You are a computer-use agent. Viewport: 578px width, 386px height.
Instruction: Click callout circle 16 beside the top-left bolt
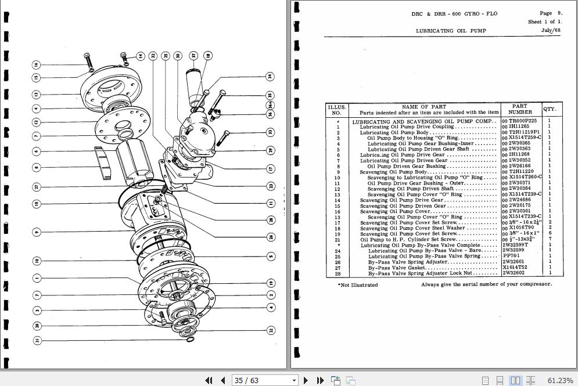click(35, 64)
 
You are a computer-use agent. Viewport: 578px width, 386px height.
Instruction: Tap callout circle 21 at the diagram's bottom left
click(37, 341)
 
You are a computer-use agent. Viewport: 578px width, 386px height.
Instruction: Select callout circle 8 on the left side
click(36, 168)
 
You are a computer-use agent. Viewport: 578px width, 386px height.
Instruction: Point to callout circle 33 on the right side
click(270, 132)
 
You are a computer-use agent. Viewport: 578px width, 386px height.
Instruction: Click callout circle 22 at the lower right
click(270, 330)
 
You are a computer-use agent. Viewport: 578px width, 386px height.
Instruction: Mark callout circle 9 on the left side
click(36, 232)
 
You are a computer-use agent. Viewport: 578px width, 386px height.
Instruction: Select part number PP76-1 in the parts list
click(512, 256)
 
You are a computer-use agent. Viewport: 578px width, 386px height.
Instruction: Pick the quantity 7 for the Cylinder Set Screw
click(550, 239)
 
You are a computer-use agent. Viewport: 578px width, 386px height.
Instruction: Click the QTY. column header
click(550, 109)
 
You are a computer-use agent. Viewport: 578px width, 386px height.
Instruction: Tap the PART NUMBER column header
click(520, 109)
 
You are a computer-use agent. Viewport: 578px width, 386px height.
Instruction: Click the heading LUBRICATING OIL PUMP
click(451, 30)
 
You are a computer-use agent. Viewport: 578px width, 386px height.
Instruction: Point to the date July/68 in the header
click(551, 30)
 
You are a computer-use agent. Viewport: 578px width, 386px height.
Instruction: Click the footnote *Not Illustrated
click(358, 285)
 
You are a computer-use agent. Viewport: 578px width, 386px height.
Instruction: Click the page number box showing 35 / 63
click(265, 380)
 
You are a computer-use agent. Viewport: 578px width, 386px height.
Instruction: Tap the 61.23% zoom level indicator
click(560, 380)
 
